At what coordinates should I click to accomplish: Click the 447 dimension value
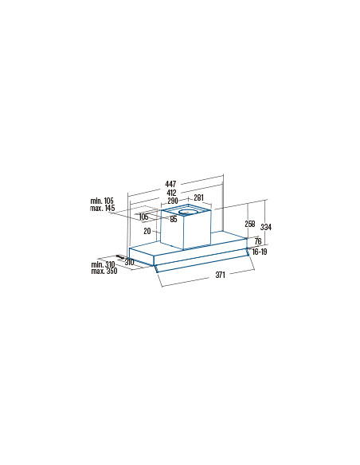170,184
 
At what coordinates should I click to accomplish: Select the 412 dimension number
171,193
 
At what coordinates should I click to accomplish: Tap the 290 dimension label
173,201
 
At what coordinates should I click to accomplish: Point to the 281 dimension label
198,197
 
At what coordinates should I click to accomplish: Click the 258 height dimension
249,224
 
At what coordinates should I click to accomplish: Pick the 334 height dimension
266,227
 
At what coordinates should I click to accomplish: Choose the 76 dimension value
258,240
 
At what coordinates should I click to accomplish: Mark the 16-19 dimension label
260,252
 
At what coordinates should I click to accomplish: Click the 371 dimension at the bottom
220,275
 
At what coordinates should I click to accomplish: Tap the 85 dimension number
174,220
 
